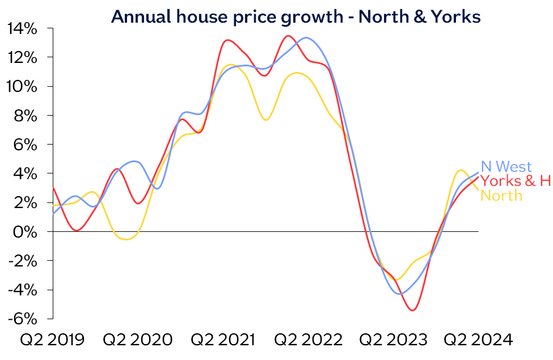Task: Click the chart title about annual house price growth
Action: click(296, 16)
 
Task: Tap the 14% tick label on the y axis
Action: click(22, 28)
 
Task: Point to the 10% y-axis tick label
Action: click(22, 87)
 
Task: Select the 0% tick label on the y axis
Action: click(26, 232)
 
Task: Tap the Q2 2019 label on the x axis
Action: click(52, 340)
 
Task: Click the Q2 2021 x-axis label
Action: click(222, 340)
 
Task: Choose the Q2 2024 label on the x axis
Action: click(478, 340)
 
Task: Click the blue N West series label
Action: click(506, 167)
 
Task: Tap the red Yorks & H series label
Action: click(516, 181)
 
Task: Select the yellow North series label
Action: click(501, 196)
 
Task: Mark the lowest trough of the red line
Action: click(412, 310)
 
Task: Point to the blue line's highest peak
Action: click(306, 37)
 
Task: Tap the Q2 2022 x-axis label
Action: click(308, 340)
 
